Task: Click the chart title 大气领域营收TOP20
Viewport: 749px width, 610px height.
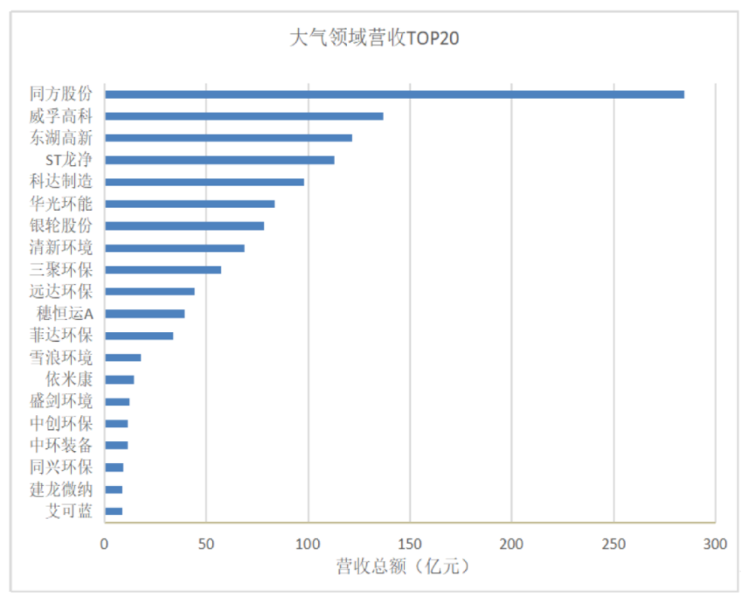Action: (x=374, y=38)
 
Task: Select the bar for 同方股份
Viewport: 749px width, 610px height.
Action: (x=394, y=94)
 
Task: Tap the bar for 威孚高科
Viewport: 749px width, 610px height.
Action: (x=244, y=116)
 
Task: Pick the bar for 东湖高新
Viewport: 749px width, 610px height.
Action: (x=228, y=138)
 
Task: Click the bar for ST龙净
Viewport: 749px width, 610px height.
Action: (x=219, y=160)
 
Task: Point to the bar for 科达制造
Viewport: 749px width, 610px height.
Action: (x=205, y=182)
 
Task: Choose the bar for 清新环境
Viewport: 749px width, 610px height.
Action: (x=174, y=248)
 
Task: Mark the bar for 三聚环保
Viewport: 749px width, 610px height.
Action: (x=163, y=270)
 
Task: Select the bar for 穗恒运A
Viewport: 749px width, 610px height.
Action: (x=144, y=314)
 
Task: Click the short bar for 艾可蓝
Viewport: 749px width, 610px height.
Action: (x=114, y=511)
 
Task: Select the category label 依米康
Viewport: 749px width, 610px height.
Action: (x=69, y=379)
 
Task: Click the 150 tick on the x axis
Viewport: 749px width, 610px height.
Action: (x=409, y=544)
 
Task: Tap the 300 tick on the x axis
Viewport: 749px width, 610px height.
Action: (x=715, y=544)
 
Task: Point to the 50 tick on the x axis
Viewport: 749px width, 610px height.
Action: (x=206, y=544)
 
